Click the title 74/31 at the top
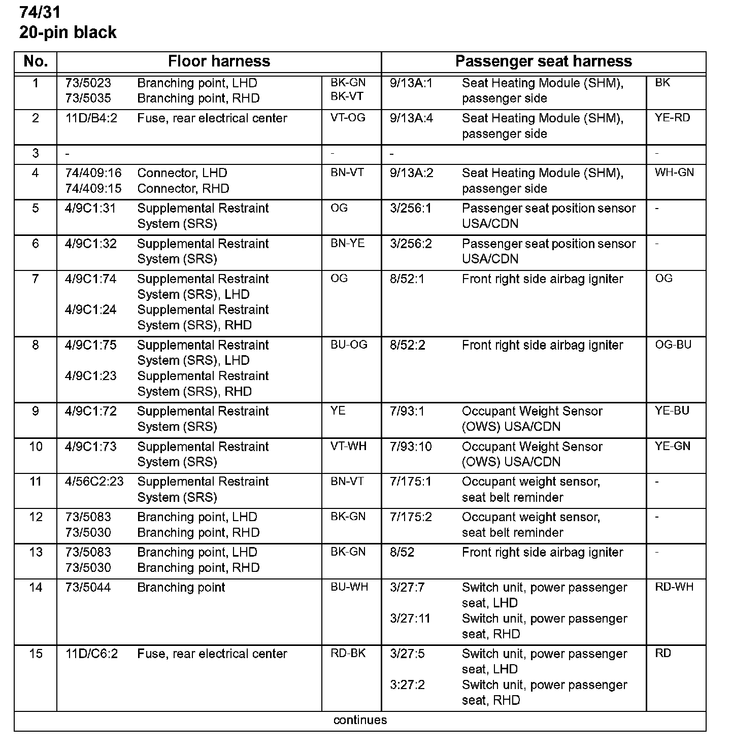pos(40,11)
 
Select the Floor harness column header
pos(219,61)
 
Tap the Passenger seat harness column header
pos(543,61)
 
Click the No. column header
pos(36,61)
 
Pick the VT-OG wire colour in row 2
pos(348,118)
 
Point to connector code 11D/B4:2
pos(91,118)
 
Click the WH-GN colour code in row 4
pos(674,173)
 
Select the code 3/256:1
pos(411,209)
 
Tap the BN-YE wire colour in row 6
pos(348,244)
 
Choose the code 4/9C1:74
pos(91,279)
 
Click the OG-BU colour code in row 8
pos(673,345)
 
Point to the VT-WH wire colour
pos(348,447)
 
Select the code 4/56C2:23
pos(94,482)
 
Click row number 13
pos(36,552)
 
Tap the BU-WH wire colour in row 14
pos(349,587)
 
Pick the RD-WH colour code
pos(674,587)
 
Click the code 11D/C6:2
pos(91,654)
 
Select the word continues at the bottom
pos(360,720)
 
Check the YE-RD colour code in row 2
pos(673,118)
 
